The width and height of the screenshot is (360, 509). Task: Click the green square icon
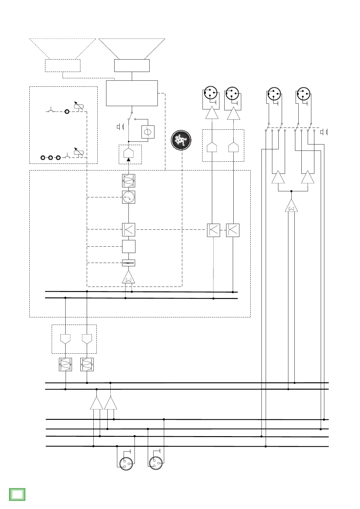click(x=17, y=494)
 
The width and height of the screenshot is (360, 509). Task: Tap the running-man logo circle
click(x=181, y=140)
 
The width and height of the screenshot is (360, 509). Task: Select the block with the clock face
click(x=128, y=197)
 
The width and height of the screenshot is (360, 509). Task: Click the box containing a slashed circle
click(x=148, y=132)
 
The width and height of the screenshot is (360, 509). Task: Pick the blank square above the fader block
click(x=128, y=246)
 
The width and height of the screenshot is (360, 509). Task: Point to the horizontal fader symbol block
click(x=128, y=263)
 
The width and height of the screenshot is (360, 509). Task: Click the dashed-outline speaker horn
click(x=63, y=48)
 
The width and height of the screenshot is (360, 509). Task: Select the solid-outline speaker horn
click(x=132, y=48)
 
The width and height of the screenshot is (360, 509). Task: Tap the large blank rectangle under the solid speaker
click(x=132, y=93)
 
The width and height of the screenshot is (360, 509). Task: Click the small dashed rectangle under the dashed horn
click(x=63, y=66)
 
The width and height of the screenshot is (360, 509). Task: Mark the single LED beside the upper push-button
click(x=67, y=112)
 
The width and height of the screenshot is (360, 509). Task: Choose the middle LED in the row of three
click(x=50, y=157)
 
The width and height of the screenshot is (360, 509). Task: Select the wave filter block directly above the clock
click(x=128, y=181)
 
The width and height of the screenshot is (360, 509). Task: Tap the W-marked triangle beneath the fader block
click(x=128, y=278)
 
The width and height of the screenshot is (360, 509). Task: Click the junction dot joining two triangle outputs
click(x=291, y=191)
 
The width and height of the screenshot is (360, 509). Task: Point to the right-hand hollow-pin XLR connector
click(x=156, y=463)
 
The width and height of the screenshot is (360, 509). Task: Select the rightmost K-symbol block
click(x=233, y=230)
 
